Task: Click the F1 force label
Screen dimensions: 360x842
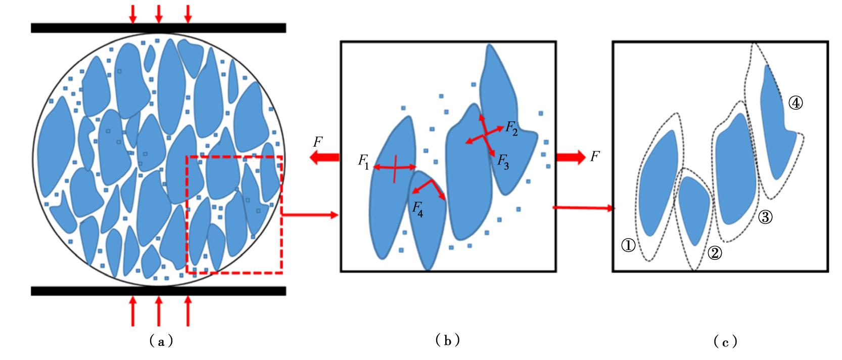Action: (364, 162)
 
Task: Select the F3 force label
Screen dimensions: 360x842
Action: (503, 161)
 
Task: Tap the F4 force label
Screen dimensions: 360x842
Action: (417, 209)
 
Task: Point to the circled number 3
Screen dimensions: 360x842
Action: (764, 217)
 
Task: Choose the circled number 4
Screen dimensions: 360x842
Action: (795, 104)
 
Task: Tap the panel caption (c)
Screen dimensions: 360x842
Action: (725, 342)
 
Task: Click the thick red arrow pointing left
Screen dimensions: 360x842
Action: (323, 158)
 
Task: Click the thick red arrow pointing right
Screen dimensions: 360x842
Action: (570, 157)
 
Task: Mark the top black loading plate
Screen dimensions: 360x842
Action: (158, 28)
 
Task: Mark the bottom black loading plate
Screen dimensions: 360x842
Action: (158, 291)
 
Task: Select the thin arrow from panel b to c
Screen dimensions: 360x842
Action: (584, 207)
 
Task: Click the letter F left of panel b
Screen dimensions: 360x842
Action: (318, 143)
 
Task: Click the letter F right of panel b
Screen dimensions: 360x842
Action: (595, 157)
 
